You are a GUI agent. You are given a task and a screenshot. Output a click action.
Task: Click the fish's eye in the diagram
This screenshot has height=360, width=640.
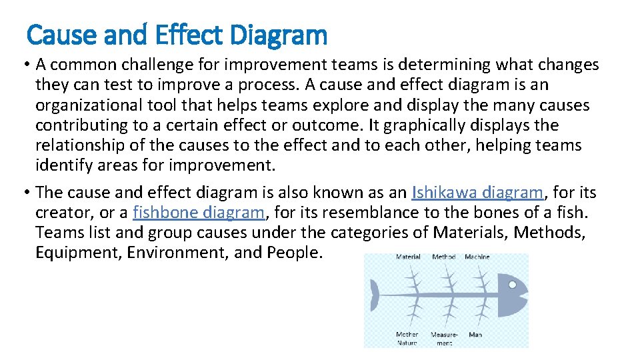pos(512,284)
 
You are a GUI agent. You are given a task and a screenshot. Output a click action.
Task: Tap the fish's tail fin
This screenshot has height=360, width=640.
pos(375,295)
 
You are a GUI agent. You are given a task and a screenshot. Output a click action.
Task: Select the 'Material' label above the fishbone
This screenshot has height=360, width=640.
pos(408,257)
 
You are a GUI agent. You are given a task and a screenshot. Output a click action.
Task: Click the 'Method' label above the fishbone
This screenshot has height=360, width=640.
pos(444,257)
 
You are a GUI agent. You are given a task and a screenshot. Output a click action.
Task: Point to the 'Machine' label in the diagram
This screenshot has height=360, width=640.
pos(477,257)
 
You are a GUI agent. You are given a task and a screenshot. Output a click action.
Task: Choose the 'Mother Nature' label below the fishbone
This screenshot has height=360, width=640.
pos(407,338)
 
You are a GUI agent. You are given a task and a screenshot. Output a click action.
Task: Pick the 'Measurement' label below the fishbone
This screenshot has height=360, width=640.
pos(444,338)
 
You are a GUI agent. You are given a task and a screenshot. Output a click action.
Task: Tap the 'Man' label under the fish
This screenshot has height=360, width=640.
pos(475,334)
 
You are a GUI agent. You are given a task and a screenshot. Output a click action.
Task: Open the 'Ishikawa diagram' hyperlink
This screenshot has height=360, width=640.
pos(477,193)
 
